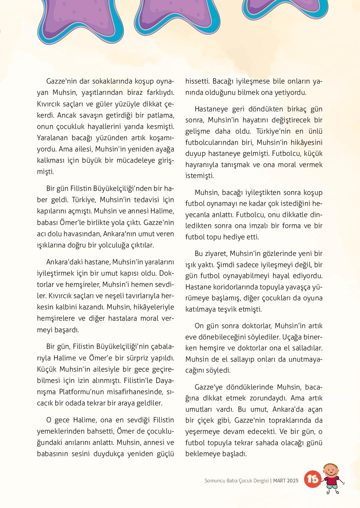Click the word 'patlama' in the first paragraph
[x=159, y=115]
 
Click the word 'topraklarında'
[x=293, y=420]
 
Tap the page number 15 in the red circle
[x=312, y=479]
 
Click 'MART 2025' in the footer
[x=286, y=480]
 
